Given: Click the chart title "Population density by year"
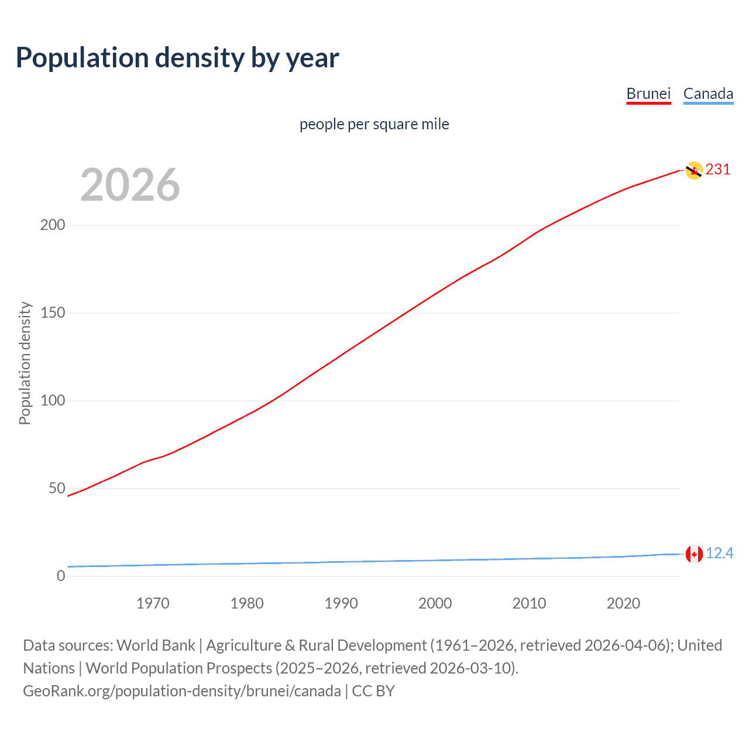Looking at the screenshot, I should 177,58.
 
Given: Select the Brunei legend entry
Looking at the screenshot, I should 648,94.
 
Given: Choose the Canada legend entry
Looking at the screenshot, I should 708,94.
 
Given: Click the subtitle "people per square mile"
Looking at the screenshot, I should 374,124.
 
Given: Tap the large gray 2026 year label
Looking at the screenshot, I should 130,185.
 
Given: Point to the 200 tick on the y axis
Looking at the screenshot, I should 53,225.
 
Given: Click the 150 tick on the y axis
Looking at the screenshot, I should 53,313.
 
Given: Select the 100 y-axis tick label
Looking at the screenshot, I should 53,401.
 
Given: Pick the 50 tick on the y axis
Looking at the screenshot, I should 57,489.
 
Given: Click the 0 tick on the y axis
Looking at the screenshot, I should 61,576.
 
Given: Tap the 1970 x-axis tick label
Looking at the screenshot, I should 153,603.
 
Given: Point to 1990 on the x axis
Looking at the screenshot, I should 341,603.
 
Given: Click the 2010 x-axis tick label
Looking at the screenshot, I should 529,603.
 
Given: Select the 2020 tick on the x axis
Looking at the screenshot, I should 623,603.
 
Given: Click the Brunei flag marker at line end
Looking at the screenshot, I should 693,170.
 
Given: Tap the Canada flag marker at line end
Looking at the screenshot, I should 693,554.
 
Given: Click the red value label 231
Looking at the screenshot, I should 718,170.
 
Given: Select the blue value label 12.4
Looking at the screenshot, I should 719,554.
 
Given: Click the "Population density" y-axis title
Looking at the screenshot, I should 25,363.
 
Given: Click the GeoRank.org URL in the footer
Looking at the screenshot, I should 182,691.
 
